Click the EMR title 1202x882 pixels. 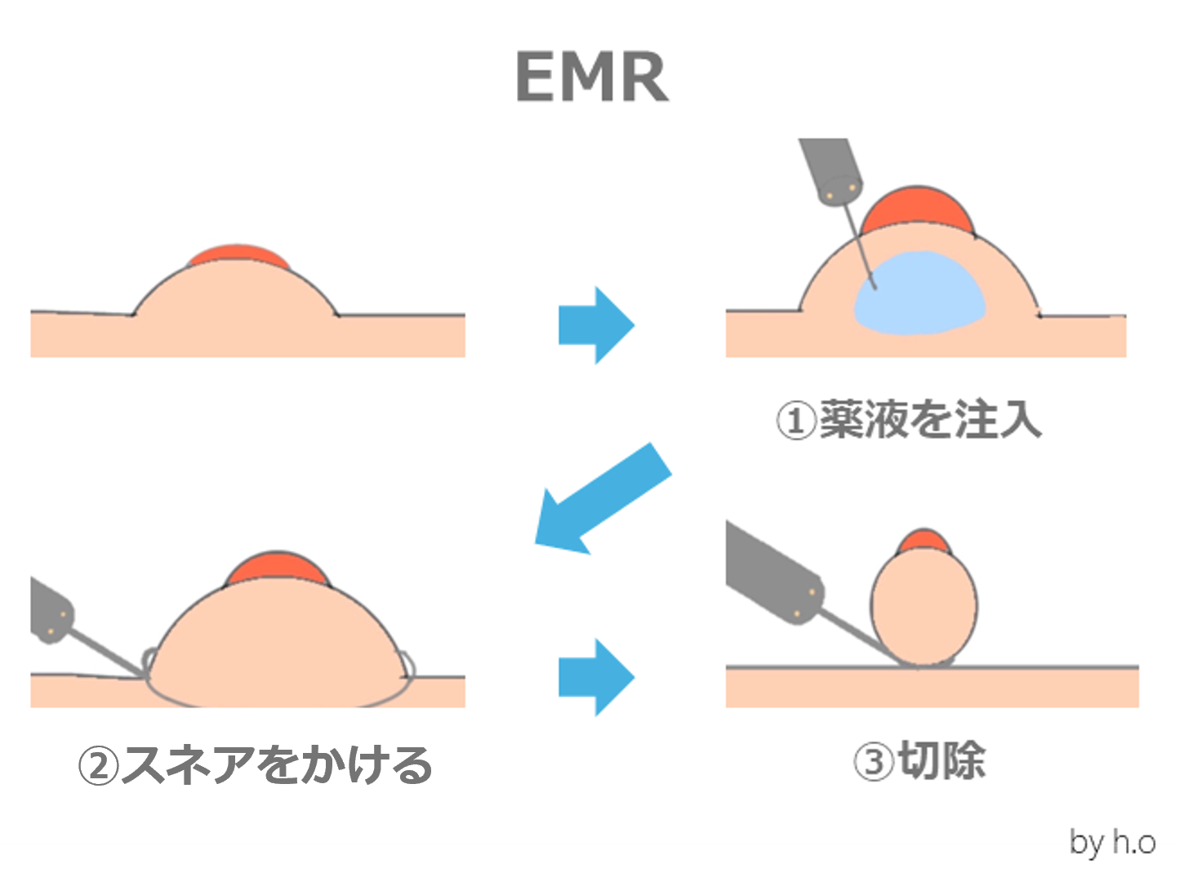click(592, 78)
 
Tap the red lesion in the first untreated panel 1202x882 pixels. click(238, 256)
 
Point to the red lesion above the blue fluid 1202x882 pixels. click(918, 209)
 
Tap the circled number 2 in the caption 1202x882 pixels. click(99, 766)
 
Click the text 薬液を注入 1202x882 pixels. click(930, 420)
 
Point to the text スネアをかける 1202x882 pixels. click(276, 765)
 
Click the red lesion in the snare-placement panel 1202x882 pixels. click(278, 568)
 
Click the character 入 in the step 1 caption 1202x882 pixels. click(1020, 420)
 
